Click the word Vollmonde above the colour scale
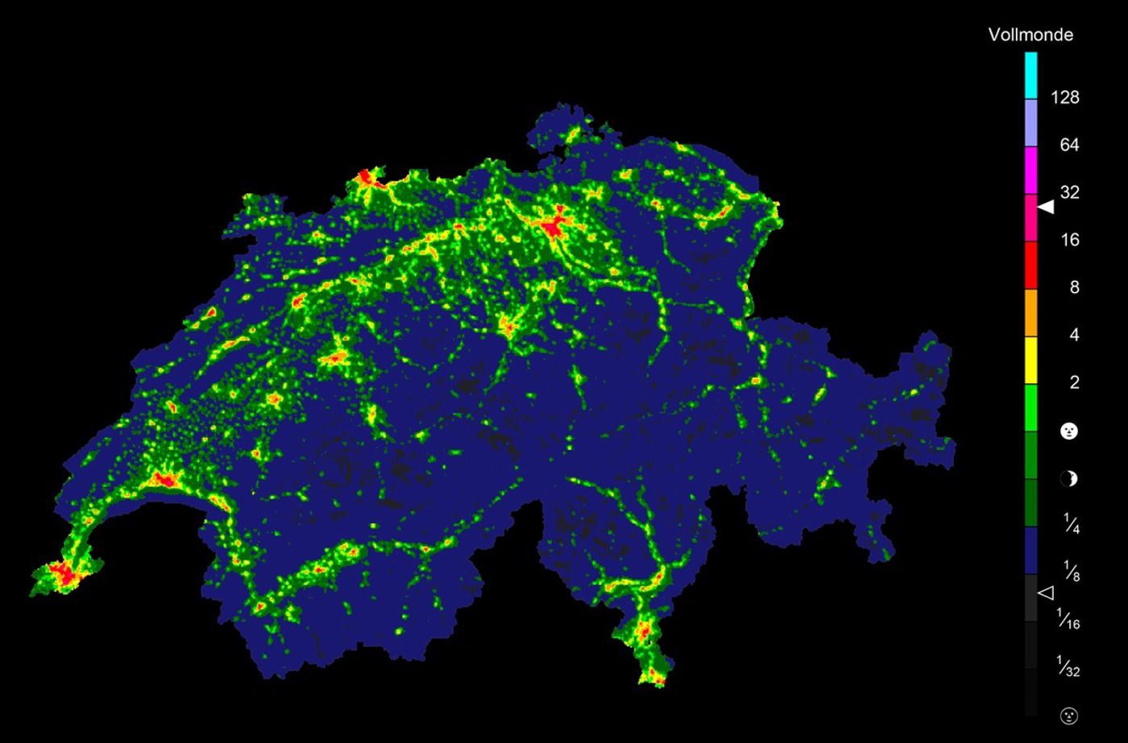1031,35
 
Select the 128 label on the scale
1064,97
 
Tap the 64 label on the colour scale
1069,145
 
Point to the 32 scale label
1069,192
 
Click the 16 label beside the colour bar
1069,240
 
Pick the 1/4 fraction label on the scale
1071,525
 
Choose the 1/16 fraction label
1068,619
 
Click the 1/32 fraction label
1068,667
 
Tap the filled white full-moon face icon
1068,431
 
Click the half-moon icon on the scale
1068,479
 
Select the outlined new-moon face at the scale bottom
1068,715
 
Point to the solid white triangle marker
1046,207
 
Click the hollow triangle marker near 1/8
1045,592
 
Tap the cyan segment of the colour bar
1031,75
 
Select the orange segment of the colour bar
1031,312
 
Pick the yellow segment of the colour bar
1031,360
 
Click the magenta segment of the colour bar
1031,170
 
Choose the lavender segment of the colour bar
1031,122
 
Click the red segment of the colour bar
1031,265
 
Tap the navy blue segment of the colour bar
1031,550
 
